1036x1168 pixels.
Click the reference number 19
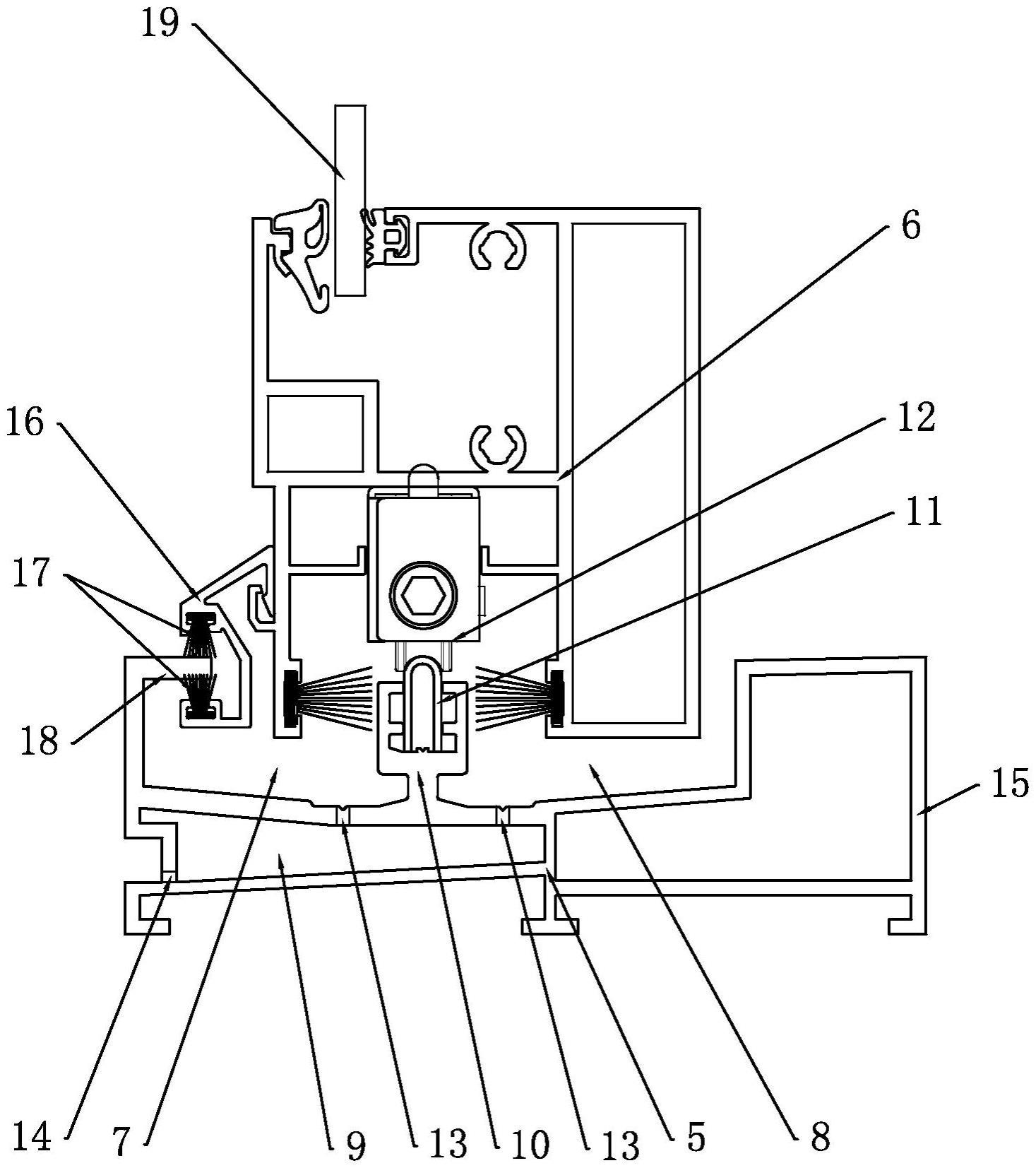160,25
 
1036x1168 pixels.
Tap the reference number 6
911,227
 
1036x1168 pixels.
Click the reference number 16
25,423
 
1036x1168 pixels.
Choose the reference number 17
32,573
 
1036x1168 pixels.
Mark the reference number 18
39,743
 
